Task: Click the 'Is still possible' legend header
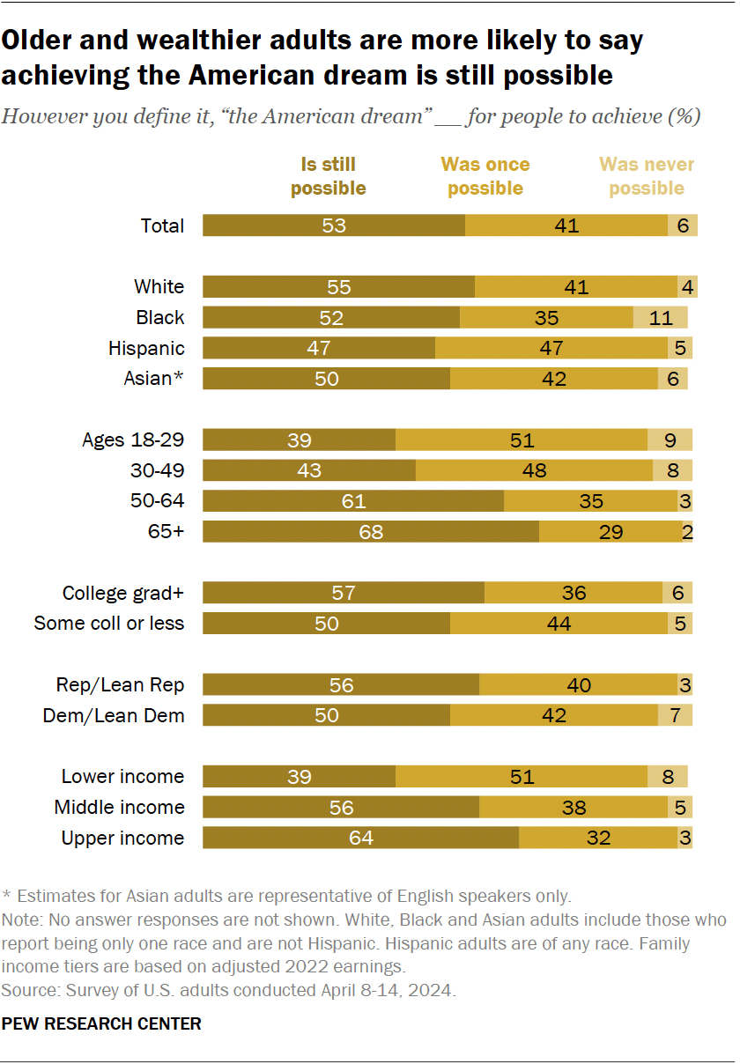coord(328,176)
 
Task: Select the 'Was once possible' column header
coord(485,176)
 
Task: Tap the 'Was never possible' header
coord(647,176)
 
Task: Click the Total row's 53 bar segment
coord(334,225)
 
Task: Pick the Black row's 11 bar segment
coord(660,317)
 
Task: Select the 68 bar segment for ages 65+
coord(371,532)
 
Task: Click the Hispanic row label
coord(146,348)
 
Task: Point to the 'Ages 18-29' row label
coord(133,440)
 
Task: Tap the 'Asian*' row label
coord(154,379)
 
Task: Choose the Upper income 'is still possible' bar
coord(360,838)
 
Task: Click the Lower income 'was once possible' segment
coord(521,776)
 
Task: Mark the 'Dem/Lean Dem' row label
coord(114,715)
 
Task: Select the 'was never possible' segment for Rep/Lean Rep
coord(684,684)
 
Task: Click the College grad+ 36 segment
coord(573,593)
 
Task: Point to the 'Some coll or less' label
coord(109,624)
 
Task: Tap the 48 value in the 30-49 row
coord(534,470)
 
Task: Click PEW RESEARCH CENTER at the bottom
coord(101,1023)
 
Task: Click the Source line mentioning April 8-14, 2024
coord(229,991)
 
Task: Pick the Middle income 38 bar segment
coord(573,807)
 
